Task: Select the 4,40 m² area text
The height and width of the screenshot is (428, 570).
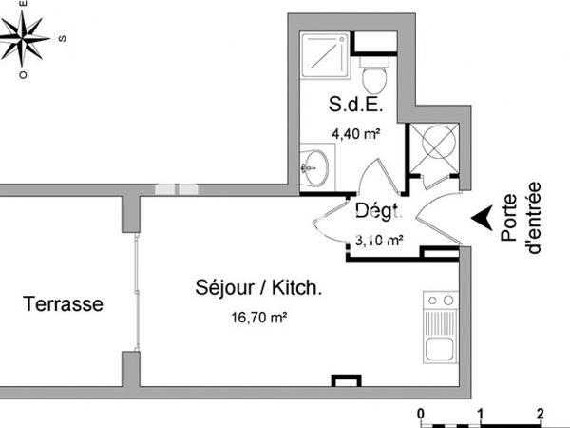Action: pos(354,134)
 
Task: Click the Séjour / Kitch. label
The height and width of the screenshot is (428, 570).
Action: pos(258,287)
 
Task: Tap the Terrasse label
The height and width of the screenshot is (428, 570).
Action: pos(64,305)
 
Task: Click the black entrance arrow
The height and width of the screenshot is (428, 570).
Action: pos(484,219)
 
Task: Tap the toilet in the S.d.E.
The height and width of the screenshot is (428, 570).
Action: pos(374,69)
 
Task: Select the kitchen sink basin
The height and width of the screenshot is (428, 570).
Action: pos(440,348)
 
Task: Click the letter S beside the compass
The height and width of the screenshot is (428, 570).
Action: pos(62,39)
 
